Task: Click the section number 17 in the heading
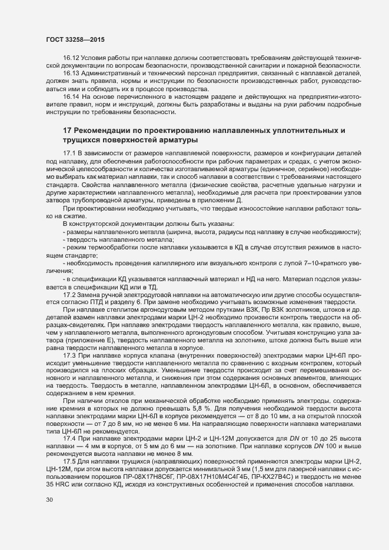click(x=67, y=130)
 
